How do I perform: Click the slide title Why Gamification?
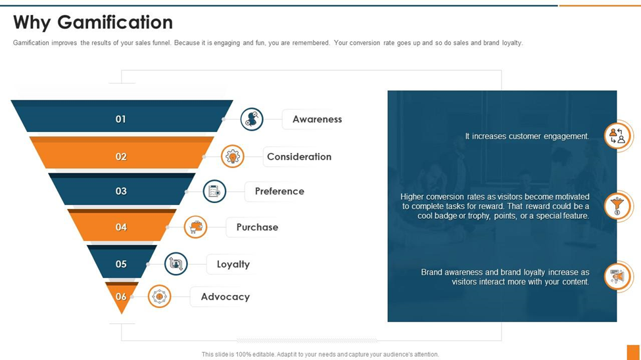(93, 22)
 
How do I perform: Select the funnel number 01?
(121, 119)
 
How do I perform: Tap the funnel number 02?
(121, 156)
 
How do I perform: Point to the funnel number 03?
(121, 191)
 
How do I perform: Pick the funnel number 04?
(121, 227)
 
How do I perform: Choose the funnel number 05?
(121, 264)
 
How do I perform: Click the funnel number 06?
(121, 297)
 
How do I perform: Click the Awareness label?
(317, 120)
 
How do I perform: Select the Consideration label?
(299, 156)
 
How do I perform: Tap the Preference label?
(279, 191)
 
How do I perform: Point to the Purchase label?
(257, 227)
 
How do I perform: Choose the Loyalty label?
(233, 264)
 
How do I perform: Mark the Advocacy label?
(225, 297)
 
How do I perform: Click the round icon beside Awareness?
(252, 120)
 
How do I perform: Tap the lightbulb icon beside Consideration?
(233, 156)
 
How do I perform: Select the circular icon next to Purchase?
(196, 227)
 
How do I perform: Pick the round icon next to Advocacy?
(159, 297)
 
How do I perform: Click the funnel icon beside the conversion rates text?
(617, 206)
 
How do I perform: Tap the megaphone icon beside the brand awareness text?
(617, 277)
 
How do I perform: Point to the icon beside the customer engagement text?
(617, 136)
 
